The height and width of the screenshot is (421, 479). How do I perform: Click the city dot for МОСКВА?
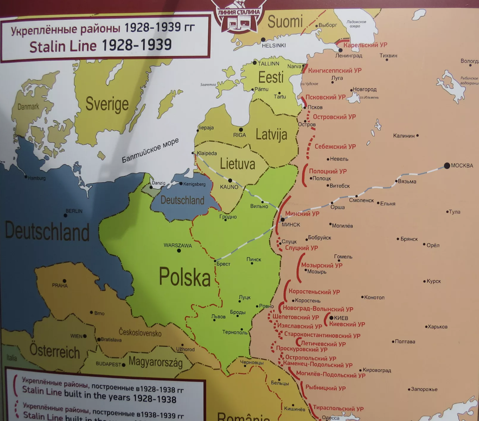coord(447,166)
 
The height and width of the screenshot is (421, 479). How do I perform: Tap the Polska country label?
coord(184,276)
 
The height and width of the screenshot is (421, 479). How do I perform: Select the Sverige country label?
coord(107,104)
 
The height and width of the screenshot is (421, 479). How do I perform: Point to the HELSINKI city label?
coord(274,45)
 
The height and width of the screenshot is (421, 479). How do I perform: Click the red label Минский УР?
coord(302,213)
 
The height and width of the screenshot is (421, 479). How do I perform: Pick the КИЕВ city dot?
coord(331,318)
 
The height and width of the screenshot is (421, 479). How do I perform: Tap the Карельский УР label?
coord(365,45)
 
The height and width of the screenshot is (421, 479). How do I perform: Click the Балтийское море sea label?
coord(150,151)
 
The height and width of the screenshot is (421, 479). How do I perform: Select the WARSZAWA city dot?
coord(179,251)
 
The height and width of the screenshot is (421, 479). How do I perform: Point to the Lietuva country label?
coord(238,164)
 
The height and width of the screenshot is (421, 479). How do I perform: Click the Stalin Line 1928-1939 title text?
coord(101,45)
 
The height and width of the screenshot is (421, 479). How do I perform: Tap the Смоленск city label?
coord(361,200)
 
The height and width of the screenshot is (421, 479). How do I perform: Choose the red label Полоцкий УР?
coord(328,171)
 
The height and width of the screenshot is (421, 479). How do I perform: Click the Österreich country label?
coord(55,351)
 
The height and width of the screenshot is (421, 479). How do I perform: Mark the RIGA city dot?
coord(240,129)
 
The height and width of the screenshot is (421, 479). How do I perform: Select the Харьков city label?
coord(437,327)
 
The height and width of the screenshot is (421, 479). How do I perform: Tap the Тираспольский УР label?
coord(338,409)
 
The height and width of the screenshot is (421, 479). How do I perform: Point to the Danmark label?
coord(28,107)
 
